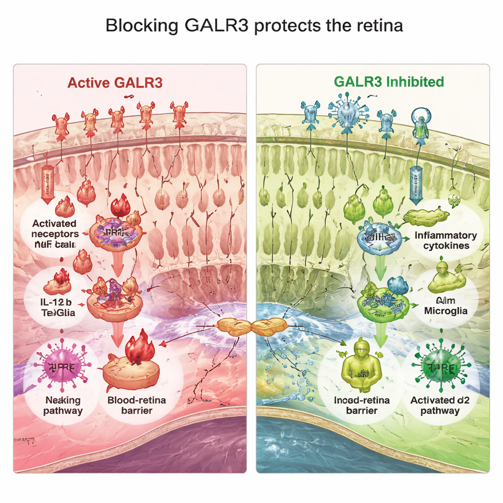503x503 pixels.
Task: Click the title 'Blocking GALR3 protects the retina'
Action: point(254,26)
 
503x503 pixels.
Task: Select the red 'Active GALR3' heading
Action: point(114,83)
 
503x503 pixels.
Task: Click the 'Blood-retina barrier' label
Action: point(137,405)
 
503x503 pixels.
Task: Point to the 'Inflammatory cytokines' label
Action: point(445,240)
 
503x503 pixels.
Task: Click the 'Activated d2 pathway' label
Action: point(440,405)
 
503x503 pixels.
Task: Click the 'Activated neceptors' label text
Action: point(55,229)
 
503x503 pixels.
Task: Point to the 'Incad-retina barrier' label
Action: point(362,405)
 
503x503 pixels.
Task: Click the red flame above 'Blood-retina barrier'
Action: point(140,348)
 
